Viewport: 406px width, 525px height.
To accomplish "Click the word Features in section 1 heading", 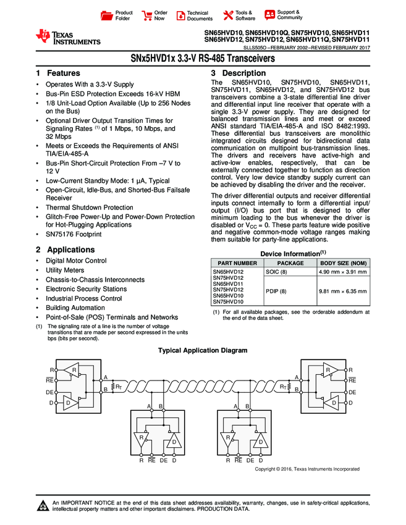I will (x=64, y=73).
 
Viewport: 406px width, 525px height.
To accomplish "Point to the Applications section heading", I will (x=71, y=250).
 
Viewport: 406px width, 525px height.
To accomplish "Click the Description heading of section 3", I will (x=243, y=73).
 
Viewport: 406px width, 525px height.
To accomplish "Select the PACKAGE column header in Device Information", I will (x=289, y=263).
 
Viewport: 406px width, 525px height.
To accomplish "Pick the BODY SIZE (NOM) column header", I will (x=342, y=263).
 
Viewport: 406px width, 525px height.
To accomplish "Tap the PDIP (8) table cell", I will (x=276, y=291).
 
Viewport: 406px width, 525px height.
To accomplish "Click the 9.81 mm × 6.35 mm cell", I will (x=342, y=291).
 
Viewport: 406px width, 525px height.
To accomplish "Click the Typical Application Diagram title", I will (x=203, y=350).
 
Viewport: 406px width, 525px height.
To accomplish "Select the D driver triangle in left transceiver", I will (x=69, y=403).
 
